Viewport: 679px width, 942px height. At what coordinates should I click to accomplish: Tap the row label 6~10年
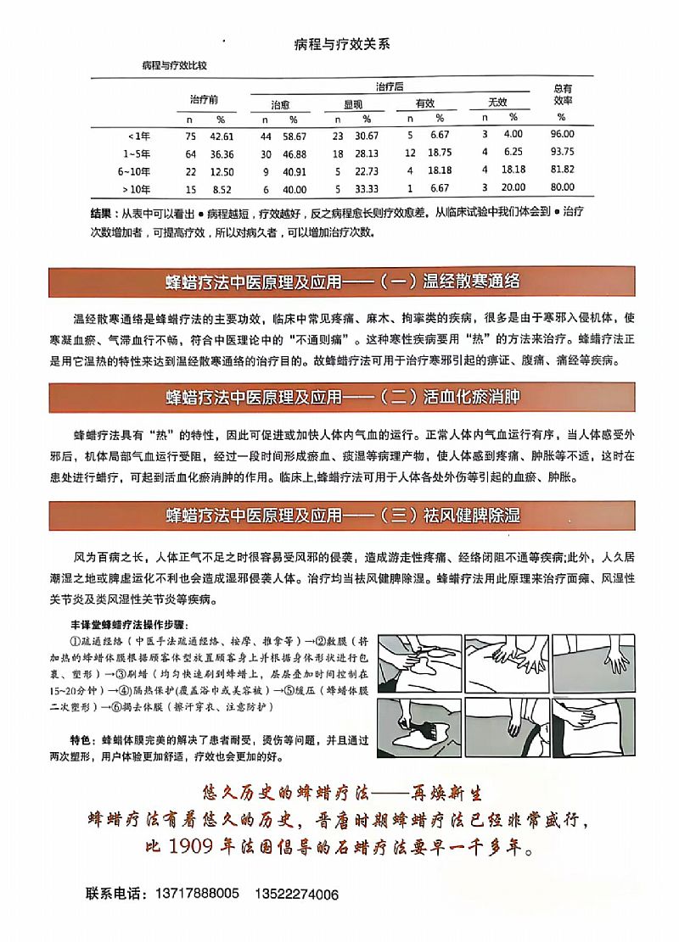tap(136, 170)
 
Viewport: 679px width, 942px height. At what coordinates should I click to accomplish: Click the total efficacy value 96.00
tap(562, 134)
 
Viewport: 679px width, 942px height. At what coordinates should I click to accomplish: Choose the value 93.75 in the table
tap(562, 153)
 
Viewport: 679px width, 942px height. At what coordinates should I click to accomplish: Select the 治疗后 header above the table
tap(389, 86)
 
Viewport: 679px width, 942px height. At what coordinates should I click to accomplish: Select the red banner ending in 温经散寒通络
tap(341, 282)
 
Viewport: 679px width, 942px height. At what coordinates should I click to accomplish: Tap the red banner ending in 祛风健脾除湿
tap(341, 515)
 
